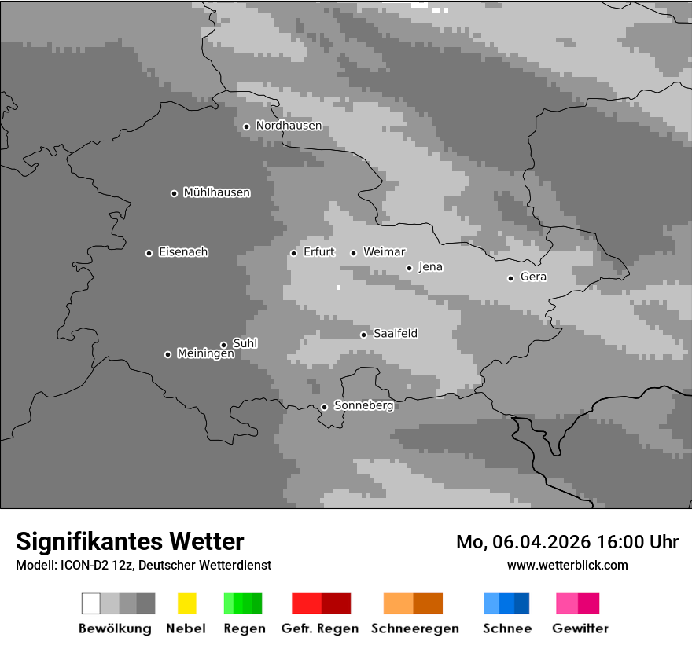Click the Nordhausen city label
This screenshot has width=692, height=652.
pyautogui.click(x=289, y=126)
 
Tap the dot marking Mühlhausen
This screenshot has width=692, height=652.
pyautogui.click(x=174, y=193)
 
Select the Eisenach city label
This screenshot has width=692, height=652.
pyautogui.click(x=183, y=252)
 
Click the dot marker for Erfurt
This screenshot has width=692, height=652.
pyautogui.click(x=293, y=253)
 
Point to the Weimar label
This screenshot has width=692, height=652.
pyautogui.click(x=384, y=252)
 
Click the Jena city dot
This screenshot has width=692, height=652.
pyautogui.click(x=409, y=268)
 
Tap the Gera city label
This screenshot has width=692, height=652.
pyautogui.click(x=533, y=277)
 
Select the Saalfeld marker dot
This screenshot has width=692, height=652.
pyautogui.click(x=363, y=335)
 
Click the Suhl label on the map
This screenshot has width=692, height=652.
pyautogui.click(x=245, y=343)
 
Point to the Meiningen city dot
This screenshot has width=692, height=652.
pyautogui.click(x=167, y=354)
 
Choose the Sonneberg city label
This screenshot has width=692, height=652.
pyautogui.click(x=363, y=405)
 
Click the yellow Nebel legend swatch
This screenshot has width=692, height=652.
pyautogui.click(x=186, y=603)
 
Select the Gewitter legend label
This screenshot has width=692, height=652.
pyautogui.click(x=580, y=628)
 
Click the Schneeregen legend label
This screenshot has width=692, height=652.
pyautogui.click(x=415, y=628)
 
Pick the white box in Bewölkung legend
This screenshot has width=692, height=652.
pyautogui.click(x=91, y=603)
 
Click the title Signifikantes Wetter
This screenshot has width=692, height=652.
pyautogui.click(x=130, y=541)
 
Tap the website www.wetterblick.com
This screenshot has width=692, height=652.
pyautogui.click(x=568, y=565)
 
